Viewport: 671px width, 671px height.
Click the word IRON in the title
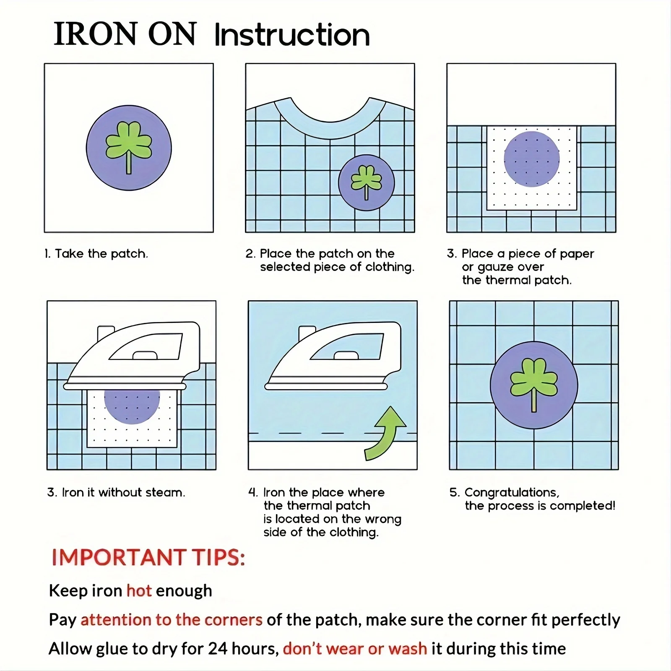point(96,34)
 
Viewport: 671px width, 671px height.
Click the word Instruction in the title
point(292,35)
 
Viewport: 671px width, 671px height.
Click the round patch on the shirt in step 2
point(367,182)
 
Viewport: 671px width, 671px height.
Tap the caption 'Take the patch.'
point(101,254)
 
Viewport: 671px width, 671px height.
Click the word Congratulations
point(512,493)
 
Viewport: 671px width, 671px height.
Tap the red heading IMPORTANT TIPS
point(148,557)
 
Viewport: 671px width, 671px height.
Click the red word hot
point(139,590)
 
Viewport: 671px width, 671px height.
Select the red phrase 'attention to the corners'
point(172,620)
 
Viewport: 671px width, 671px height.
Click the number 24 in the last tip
point(218,649)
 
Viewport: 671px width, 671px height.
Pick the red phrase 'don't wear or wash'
point(355,649)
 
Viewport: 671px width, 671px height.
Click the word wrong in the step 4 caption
point(383,519)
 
